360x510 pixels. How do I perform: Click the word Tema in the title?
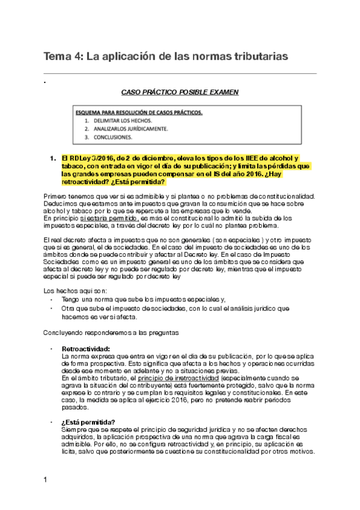[56, 57]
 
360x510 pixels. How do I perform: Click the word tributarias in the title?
[255, 57]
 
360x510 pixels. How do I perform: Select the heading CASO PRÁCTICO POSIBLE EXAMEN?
[180, 92]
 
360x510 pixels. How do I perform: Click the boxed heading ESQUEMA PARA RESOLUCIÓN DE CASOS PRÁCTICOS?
[147, 112]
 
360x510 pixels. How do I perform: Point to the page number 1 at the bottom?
[45, 479]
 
